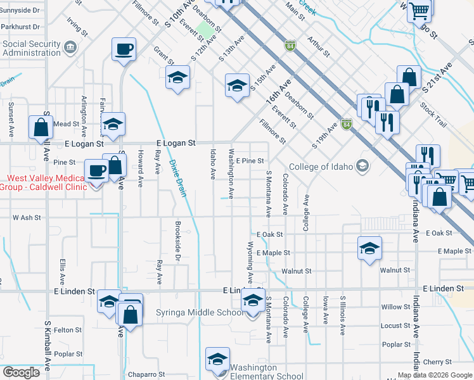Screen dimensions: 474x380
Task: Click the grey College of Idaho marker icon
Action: [x=362, y=166]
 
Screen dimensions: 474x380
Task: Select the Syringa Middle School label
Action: [x=200, y=313]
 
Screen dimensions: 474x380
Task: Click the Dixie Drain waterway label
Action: [x=177, y=178]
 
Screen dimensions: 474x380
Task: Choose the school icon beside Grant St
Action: [x=178, y=77]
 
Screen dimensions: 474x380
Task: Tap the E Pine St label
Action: [x=250, y=161]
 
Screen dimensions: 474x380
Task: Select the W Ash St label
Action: [x=27, y=217]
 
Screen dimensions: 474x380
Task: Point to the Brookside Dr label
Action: [x=178, y=241]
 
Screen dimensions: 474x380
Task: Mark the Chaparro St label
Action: [x=146, y=374]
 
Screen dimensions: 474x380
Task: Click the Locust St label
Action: [x=395, y=326]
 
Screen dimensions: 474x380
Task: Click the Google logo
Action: [x=21, y=372]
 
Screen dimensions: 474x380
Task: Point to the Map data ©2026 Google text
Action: [x=434, y=375]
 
